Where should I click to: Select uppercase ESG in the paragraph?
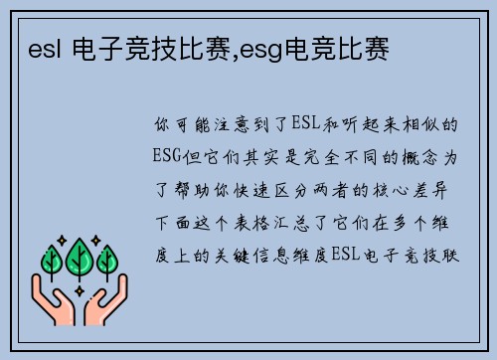(169, 156)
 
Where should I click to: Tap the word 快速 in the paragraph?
(253, 187)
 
